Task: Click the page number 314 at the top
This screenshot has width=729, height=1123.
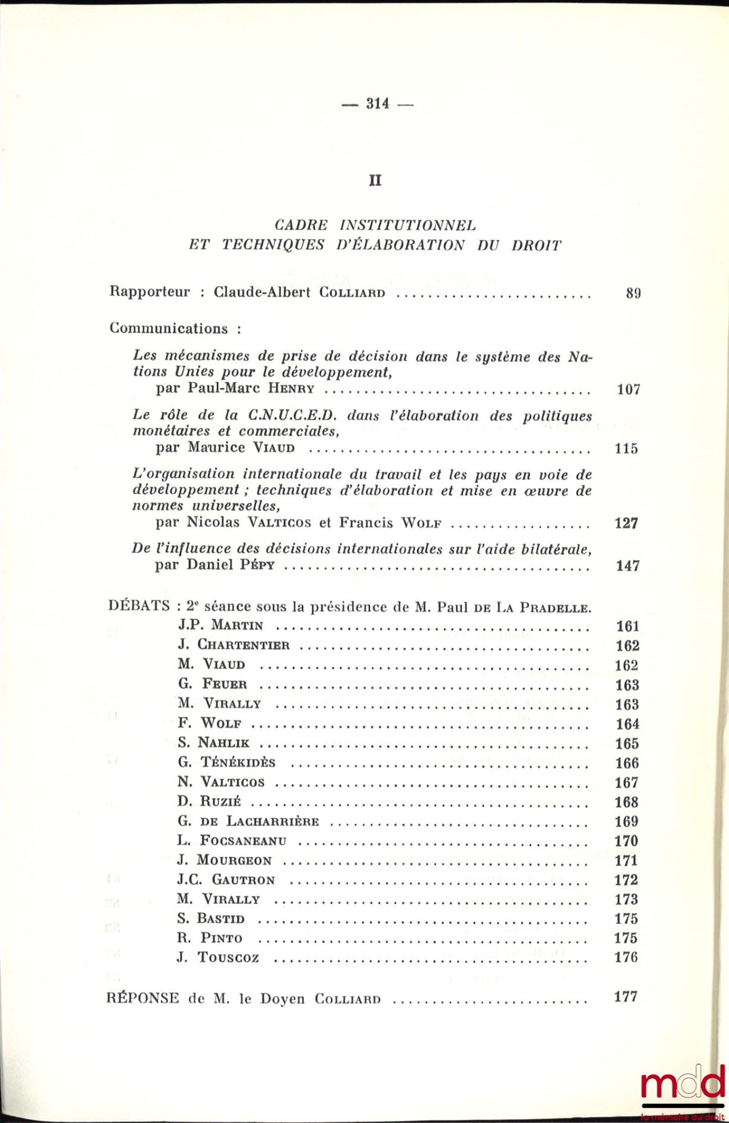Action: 377,103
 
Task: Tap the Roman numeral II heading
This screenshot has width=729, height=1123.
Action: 375,180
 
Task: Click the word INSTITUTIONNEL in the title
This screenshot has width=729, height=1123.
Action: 408,226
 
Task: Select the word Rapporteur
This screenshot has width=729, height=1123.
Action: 149,292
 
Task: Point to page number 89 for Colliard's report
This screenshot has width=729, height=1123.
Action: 633,293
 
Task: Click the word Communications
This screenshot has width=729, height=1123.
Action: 169,328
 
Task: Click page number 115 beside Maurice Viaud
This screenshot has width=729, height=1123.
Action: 626,449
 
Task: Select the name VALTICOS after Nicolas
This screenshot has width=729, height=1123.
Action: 279,523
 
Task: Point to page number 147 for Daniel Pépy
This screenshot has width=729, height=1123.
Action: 627,565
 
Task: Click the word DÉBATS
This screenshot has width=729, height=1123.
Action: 139,606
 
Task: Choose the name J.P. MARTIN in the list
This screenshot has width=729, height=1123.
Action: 221,626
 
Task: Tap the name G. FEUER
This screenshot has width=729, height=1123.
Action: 213,684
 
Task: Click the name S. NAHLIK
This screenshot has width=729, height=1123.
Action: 213,743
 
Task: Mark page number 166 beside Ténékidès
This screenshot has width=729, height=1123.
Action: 627,763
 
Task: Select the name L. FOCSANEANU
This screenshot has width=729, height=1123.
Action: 232,841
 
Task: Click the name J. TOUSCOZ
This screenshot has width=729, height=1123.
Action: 218,957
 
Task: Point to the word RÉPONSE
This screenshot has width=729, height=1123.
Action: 143,998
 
